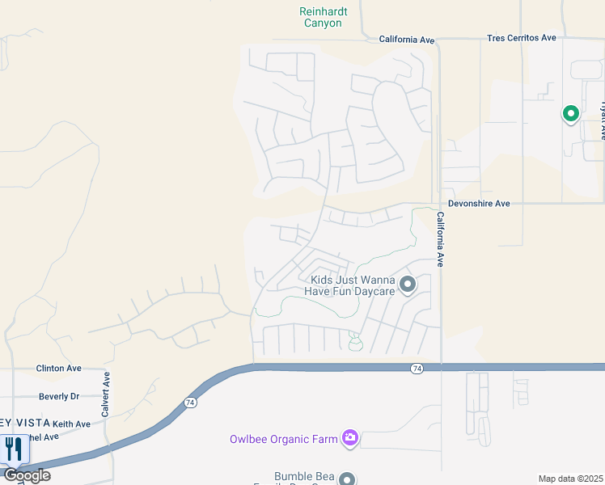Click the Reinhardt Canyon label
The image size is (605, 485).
pyautogui.click(x=323, y=17)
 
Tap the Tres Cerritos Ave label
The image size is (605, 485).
pyautogui.click(x=522, y=38)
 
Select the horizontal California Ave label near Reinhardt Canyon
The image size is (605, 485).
pyautogui.click(x=407, y=39)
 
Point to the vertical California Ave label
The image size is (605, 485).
pyautogui.click(x=441, y=239)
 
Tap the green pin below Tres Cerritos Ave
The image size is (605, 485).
pyautogui.click(x=570, y=114)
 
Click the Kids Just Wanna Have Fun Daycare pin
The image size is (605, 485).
pyautogui.click(x=408, y=285)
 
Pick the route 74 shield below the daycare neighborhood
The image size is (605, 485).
pyautogui.click(x=417, y=368)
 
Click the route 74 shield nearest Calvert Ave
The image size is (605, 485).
pyautogui.click(x=191, y=402)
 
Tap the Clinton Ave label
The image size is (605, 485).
pyautogui.click(x=59, y=368)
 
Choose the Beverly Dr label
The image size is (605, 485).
pyautogui.click(x=59, y=397)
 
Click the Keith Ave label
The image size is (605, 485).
pyautogui.click(x=72, y=424)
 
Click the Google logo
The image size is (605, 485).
pyautogui.click(x=27, y=474)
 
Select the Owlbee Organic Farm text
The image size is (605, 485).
pyautogui.click(x=283, y=439)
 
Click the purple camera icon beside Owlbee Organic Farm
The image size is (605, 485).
pyautogui.click(x=349, y=438)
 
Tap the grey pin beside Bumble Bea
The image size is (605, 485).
pyautogui.click(x=347, y=479)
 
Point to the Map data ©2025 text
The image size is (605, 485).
pyautogui.click(x=571, y=479)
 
